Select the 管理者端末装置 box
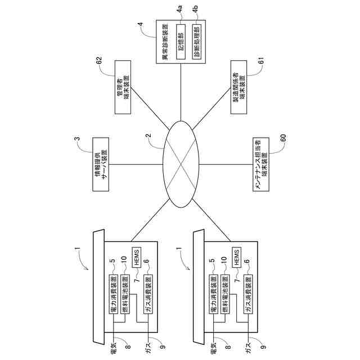123,93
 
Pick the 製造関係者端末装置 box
238,93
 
